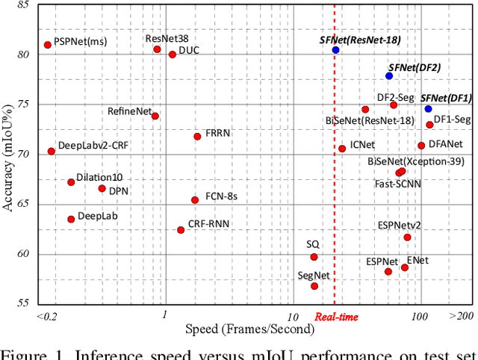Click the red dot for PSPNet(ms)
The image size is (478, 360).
[x=48, y=45]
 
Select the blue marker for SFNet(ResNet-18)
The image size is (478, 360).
[x=336, y=50]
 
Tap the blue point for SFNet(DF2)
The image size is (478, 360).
[x=389, y=76]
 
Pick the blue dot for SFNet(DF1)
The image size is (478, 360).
[x=428, y=109]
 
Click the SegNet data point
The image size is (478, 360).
[x=314, y=286]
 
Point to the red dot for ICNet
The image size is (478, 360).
[x=342, y=149]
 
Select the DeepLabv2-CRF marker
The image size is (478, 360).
[x=51, y=152]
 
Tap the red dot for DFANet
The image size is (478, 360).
[x=421, y=146]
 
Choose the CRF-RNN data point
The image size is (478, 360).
[x=181, y=230]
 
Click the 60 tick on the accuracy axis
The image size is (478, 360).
[x=24, y=254]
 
